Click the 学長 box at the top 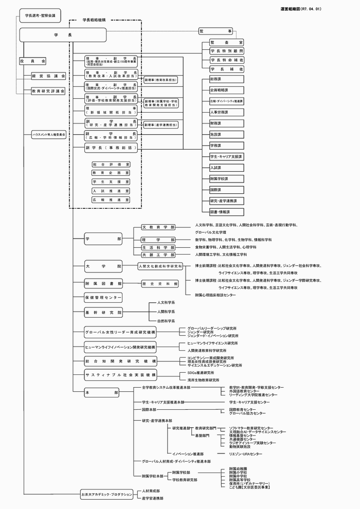pos(63,34)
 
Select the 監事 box pos(215,31)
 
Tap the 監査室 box pos(226,42)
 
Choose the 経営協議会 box pos(48,76)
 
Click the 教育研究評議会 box pos(48,90)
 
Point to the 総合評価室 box pos(111,165)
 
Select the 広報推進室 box pos(111,199)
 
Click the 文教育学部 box pos(158,227)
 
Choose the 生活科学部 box pos(158,247)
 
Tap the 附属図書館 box pos(103,283)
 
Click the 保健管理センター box pos(103,298)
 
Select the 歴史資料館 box pos(160,283)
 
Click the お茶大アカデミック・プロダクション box pos(107,494)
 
